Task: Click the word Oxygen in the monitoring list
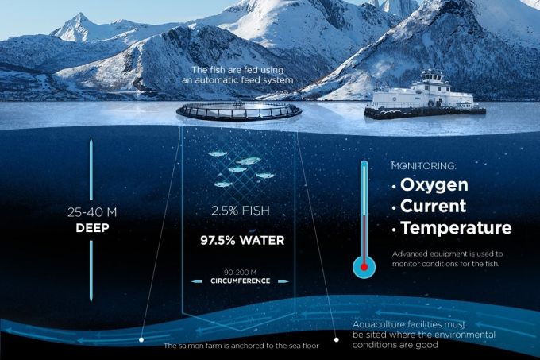pos(434,185)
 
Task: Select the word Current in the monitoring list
pos(433,206)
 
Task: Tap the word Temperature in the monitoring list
pos(457,228)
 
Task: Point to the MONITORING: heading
pos(423,166)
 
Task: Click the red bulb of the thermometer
pos(364,267)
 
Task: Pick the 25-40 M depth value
pos(92,212)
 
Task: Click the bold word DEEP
pos(92,228)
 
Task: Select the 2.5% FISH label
pos(241,211)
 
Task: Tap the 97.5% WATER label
pos(242,241)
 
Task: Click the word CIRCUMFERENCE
pos(241,281)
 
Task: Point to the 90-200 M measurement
pos(240,272)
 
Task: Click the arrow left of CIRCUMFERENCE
pos(196,281)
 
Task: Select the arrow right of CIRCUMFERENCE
pos(283,281)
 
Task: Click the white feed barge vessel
pos(425,95)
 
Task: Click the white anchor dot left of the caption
pos(141,339)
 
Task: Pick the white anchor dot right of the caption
pos(337,339)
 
